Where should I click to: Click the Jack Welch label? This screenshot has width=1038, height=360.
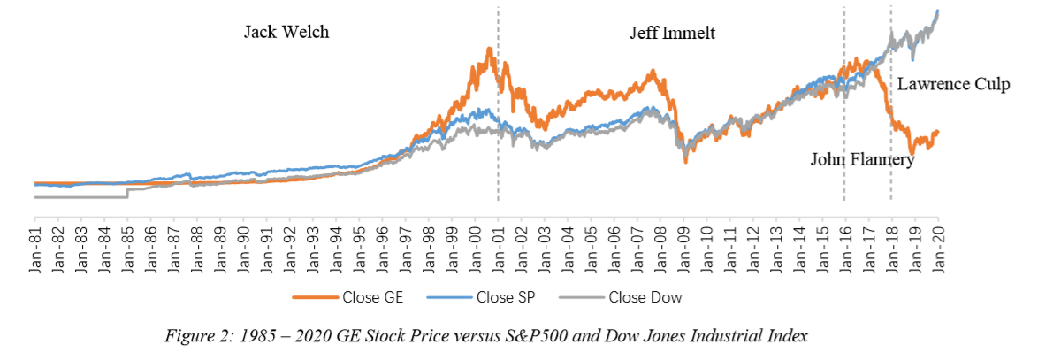[x=286, y=34]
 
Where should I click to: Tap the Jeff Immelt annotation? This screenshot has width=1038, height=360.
[x=672, y=34]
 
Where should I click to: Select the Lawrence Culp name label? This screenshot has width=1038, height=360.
[x=953, y=85]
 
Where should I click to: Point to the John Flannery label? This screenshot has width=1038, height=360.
[x=862, y=160]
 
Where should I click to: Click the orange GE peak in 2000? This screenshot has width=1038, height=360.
[x=487, y=50]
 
